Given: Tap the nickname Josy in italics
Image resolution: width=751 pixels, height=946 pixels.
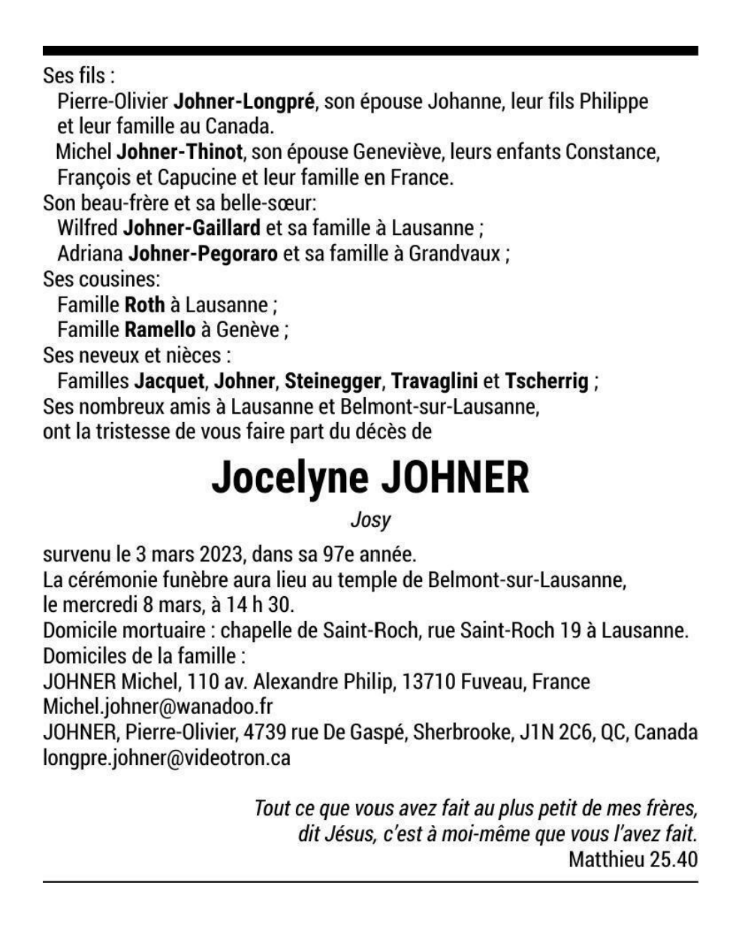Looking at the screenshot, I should [x=371, y=520].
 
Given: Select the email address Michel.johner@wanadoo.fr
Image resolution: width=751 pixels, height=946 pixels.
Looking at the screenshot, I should [x=158, y=707].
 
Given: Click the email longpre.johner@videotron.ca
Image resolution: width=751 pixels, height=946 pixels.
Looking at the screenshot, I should [x=167, y=758].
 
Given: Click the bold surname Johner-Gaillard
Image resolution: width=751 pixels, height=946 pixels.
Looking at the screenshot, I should [x=192, y=228].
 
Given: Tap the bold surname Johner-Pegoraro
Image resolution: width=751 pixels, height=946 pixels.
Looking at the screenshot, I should [x=204, y=254].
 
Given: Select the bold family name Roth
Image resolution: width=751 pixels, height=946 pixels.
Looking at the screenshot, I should [x=144, y=305].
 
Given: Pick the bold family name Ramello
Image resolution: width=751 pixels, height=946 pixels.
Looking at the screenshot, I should [x=159, y=330].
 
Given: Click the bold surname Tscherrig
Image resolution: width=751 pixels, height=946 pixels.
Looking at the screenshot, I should [x=547, y=381].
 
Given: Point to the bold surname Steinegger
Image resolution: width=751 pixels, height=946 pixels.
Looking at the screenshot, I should [x=332, y=381].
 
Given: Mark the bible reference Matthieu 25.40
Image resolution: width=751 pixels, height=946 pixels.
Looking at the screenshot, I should [x=632, y=859].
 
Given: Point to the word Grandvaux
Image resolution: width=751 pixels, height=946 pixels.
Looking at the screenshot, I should [x=454, y=254].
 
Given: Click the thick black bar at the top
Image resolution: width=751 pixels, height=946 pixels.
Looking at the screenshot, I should [x=370, y=51].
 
